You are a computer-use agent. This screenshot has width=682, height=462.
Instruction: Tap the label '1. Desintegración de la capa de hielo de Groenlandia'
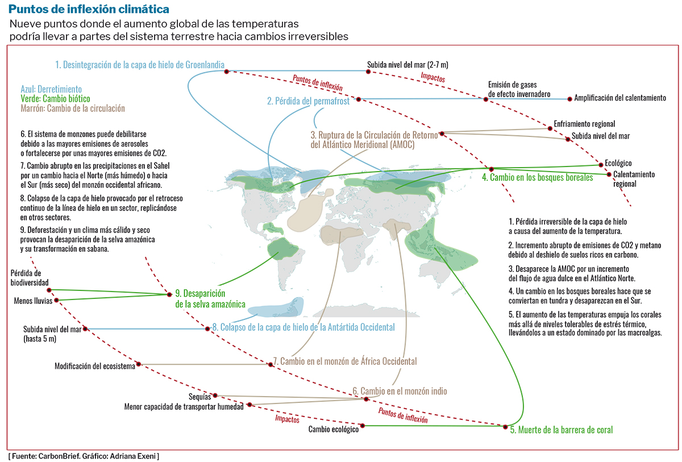(x=140, y=65)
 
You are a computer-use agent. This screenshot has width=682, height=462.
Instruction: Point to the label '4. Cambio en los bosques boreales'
(x=538, y=177)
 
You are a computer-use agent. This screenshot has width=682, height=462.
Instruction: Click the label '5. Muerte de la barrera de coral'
(x=562, y=430)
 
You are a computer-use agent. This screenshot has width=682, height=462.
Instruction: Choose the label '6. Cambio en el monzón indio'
(x=400, y=391)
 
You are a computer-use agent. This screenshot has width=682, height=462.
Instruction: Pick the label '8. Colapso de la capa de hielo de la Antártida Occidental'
(x=303, y=327)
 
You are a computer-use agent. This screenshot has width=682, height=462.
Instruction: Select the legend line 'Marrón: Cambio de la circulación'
(x=72, y=108)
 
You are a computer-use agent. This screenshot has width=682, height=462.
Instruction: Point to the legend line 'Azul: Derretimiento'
(x=51, y=89)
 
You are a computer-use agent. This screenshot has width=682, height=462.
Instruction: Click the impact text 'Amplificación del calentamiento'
(x=620, y=98)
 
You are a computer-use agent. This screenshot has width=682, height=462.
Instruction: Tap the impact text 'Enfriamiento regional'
(x=584, y=124)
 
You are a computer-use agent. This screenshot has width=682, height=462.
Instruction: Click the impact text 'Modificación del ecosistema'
(x=95, y=366)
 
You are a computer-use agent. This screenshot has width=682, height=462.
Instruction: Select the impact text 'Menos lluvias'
(x=33, y=301)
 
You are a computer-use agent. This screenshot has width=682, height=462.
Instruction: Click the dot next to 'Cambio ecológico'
(x=363, y=424)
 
